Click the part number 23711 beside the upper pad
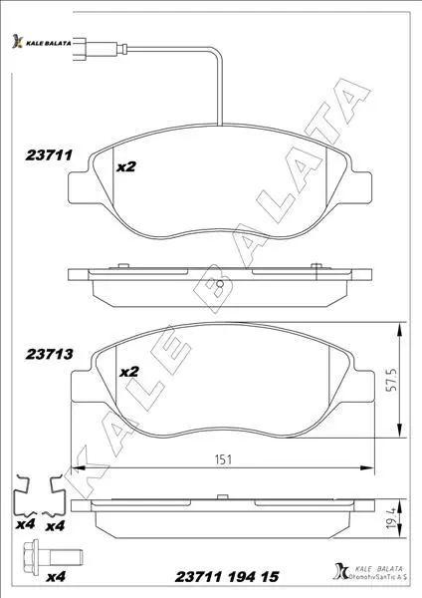[49, 155]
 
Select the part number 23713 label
[49, 354]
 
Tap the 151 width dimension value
[223, 459]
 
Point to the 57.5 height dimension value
[391, 380]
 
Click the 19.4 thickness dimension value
[391, 520]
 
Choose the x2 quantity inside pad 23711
[125, 166]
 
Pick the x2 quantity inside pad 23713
[129, 372]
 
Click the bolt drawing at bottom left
[53, 557]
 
